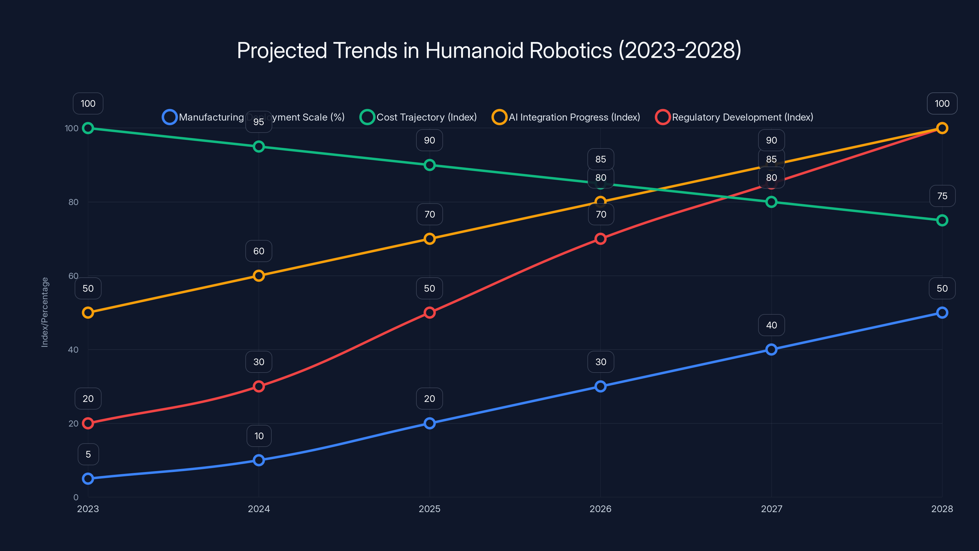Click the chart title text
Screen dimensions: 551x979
(x=489, y=51)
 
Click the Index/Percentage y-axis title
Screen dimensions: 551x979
(x=45, y=312)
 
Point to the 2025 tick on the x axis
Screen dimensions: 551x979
(x=430, y=509)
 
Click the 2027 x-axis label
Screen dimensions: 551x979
(x=772, y=509)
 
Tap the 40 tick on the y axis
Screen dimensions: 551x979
(x=73, y=350)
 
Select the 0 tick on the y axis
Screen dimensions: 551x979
(x=76, y=497)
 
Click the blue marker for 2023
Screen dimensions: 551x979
(x=88, y=478)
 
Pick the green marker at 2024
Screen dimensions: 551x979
(x=259, y=146)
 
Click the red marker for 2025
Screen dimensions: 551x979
(x=430, y=313)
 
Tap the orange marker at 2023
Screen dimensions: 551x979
(x=88, y=313)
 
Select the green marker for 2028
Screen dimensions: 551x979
(x=942, y=220)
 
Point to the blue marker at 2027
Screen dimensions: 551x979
(x=772, y=350)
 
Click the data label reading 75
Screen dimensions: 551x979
(x=942, y=196)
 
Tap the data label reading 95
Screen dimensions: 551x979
(x=259, y=122)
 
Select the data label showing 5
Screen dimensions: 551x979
(x=88, y=454)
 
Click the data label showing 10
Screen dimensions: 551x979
(x=259, y=436)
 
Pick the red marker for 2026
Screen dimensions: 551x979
(x=601, y=239)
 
